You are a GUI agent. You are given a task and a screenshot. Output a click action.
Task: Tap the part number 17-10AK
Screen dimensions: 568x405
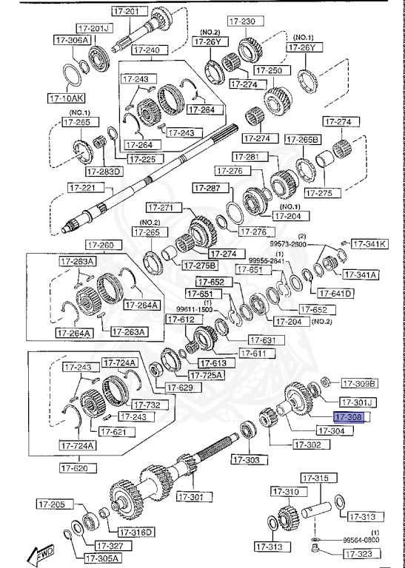67,97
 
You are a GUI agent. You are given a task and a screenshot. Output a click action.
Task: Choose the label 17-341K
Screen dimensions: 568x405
369,243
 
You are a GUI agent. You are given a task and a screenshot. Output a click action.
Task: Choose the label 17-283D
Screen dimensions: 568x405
104,172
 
